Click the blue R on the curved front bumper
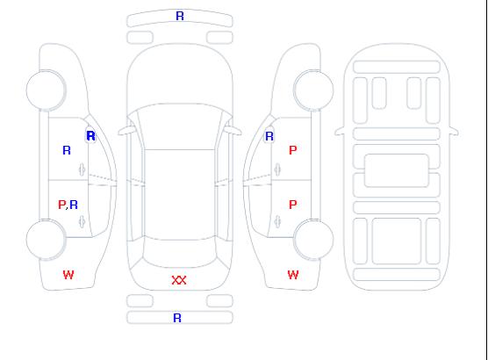[x=180, y=16]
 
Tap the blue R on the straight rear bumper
[x=177, y=318]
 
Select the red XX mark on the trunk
[x=179, y=280]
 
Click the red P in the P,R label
[x=62, y=205]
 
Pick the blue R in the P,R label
[x=74, y=205]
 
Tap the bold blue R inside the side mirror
[x=91, y=136]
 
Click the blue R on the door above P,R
[x=67, y=150]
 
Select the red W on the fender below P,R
[x=68, y=275]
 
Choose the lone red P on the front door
[x=293, y=150]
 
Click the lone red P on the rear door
[x=293, y=205]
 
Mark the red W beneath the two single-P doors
[x=293, y=275]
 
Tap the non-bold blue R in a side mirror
[x=269, y=136]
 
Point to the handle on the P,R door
[x=82, y=221]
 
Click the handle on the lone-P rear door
[x=277, y=221]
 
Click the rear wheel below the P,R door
[x=46, y=240]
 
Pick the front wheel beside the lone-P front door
[x=313, y=90]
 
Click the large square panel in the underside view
[x=397, y=241]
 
